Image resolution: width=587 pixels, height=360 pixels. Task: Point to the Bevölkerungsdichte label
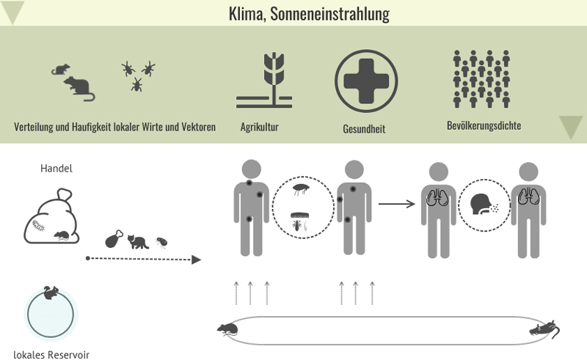[x=484, y=125]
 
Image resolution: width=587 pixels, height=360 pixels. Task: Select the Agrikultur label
[x=259, y=127]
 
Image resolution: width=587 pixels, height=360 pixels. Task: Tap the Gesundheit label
[x=364, y=129]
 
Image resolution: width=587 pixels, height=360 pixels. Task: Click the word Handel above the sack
[x=56, y=169]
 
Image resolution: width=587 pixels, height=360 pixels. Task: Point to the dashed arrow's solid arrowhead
[x=196, y=259]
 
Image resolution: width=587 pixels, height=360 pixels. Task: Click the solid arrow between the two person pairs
[x=396, y=203]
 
